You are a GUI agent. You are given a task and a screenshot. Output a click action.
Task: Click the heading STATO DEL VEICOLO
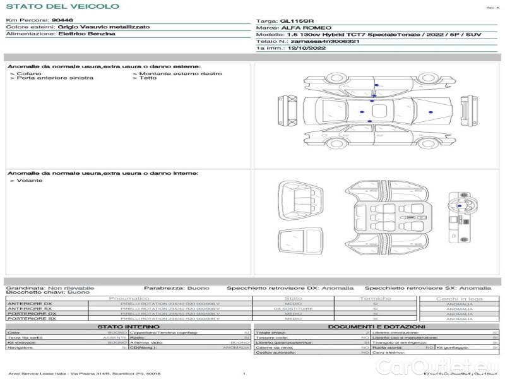(x=62, y=6)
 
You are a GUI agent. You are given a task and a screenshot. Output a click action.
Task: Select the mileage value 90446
(x=62, y=20)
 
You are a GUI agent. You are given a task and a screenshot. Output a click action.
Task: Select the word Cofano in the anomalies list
(x=26, y=73)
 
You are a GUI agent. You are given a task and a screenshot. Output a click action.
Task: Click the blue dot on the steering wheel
(x=459, y=206)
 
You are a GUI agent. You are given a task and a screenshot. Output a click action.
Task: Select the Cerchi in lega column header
(x=459, y=298)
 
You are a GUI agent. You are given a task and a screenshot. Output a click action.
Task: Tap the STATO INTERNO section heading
(x=129, y=327)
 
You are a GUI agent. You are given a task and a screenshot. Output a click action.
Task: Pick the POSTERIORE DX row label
(x=32, y=313)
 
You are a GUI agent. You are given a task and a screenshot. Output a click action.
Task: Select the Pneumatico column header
(x=129, y=298)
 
